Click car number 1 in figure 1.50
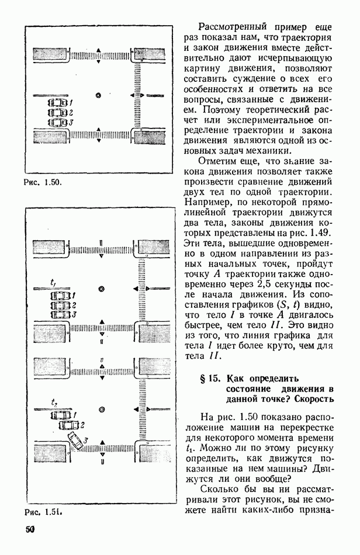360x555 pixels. pos(57,102)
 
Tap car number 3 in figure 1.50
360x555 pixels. pos(57,123)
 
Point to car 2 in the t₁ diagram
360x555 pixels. pos(61,305)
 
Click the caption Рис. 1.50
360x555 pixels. pos(42,182)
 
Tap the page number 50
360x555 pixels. pos(30,530)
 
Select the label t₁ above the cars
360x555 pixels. pos(53,283)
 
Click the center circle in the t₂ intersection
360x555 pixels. pos(102,410)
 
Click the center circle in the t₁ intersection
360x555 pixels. pos(102,289)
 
